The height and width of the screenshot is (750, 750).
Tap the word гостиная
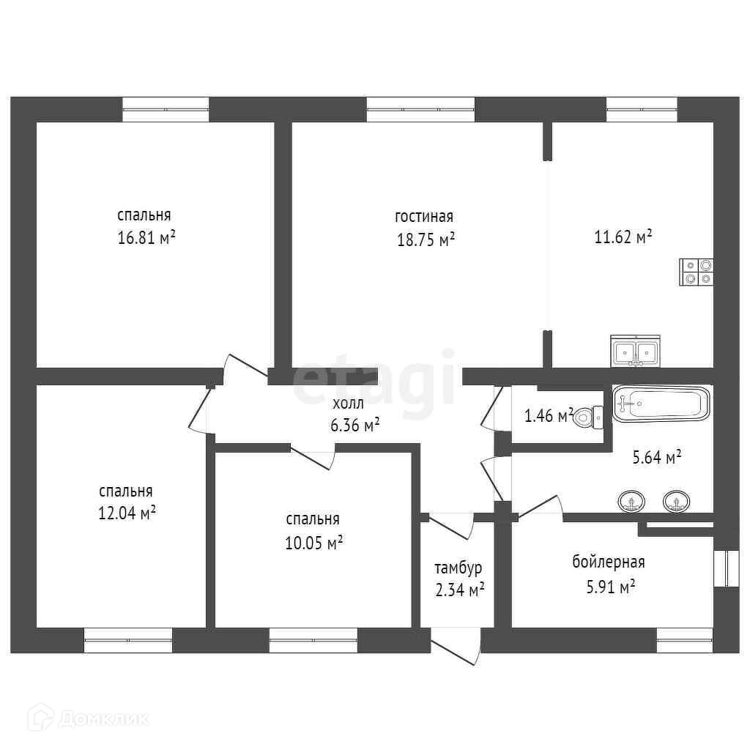(x=424, y=217)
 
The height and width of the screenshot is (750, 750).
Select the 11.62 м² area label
(x=623, y=237)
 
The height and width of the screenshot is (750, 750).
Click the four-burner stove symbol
(x=697, y=272)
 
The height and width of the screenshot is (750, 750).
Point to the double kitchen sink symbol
(x=635, y=352)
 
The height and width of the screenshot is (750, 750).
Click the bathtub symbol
(x=661, y=404)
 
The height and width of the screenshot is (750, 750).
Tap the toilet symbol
(x=584, y=417)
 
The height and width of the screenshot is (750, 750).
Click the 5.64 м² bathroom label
(x=656, y=458)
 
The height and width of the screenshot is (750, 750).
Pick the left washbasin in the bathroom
(x=632, y=502)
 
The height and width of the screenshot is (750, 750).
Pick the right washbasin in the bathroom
(x=676, y=502)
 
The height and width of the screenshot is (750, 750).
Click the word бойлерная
(x=608, y=562)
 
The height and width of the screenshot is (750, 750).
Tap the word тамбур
(x=458, y=568)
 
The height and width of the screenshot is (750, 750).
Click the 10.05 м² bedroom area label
(x=314, y=543)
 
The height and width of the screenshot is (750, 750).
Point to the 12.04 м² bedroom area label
(x=127, y=513)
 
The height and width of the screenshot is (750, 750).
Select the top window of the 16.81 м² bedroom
(x=166, y=109)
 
